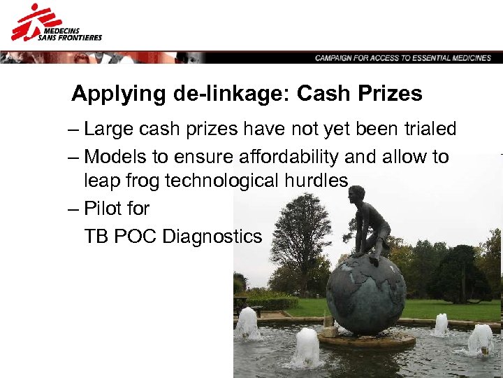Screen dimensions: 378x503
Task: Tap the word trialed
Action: pos(428,129)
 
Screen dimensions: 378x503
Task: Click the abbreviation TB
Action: pos(96,237)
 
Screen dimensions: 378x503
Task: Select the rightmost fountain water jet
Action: pos(481,339)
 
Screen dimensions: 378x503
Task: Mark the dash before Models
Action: pos(75,157)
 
